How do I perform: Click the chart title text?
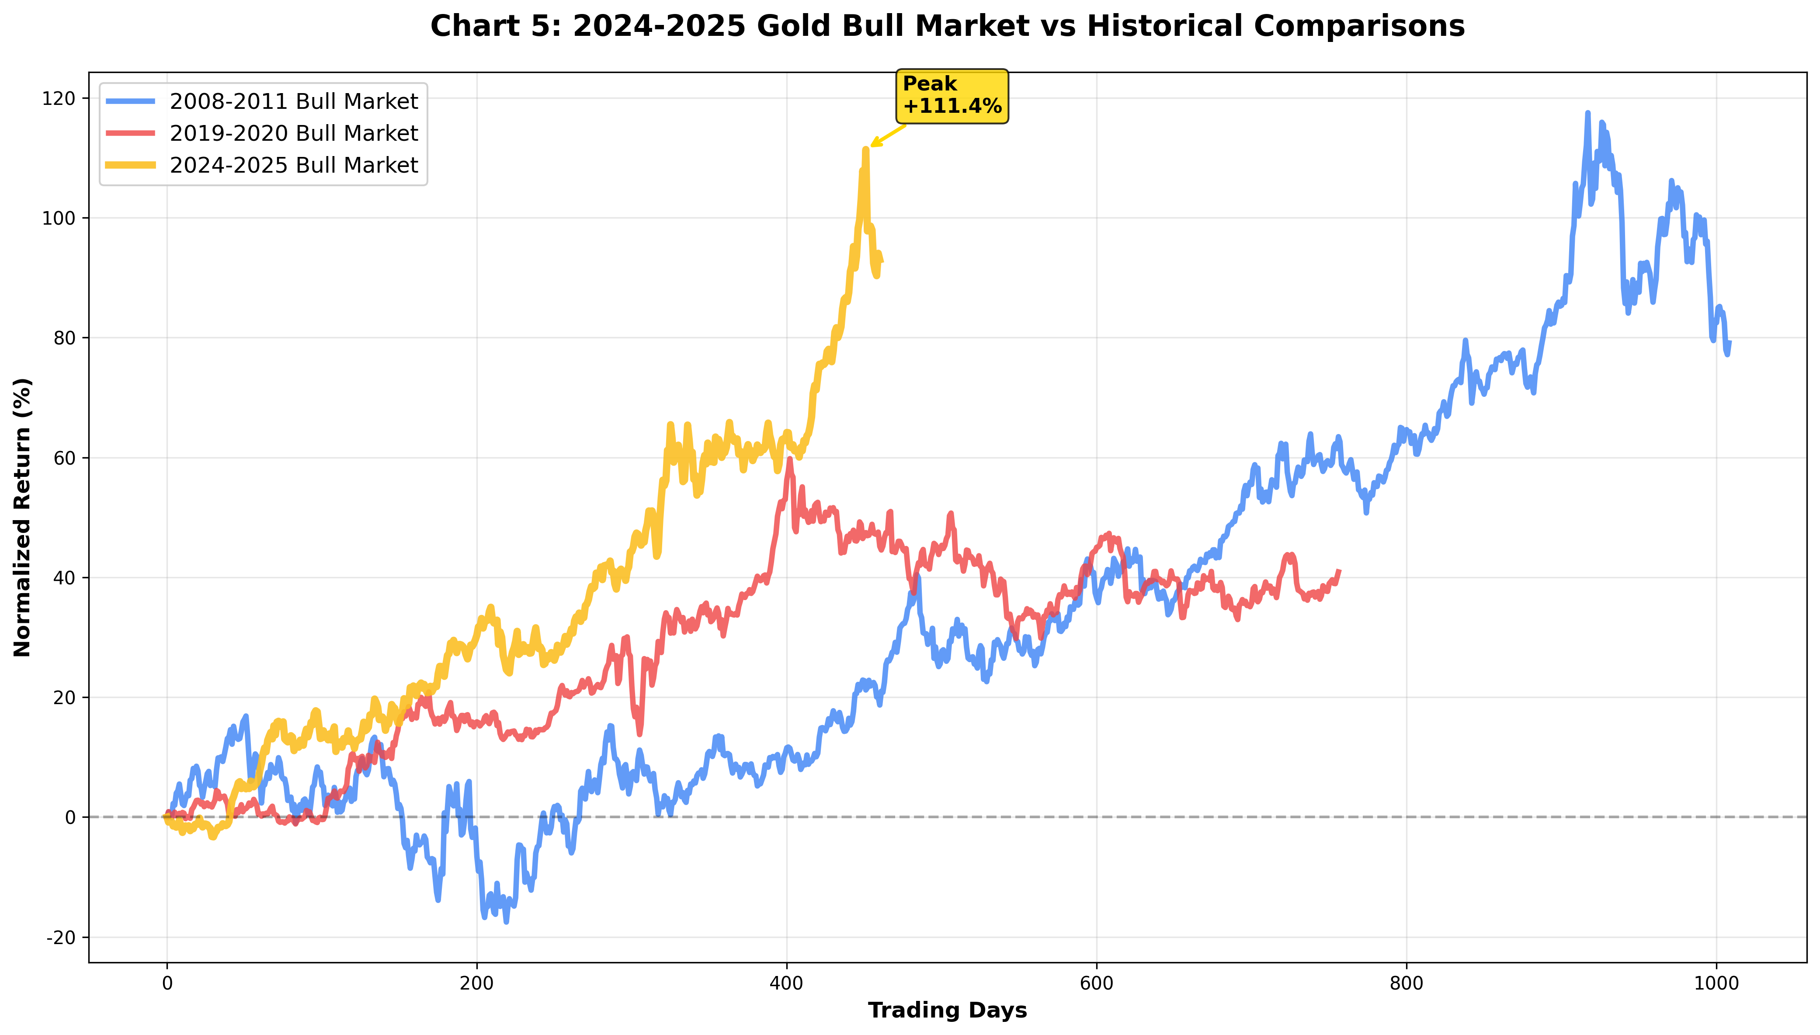coord(947,26)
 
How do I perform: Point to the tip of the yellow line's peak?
coord(865,149)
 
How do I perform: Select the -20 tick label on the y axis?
coord(60,938)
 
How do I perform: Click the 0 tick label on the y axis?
coord(69,817)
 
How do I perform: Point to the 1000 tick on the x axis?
coord(1716,984)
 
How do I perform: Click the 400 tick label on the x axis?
coord(787,984)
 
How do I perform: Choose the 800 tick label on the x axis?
coord(1407,984)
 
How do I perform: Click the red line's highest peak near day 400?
coord(789,459)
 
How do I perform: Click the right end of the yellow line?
coord(882,262)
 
